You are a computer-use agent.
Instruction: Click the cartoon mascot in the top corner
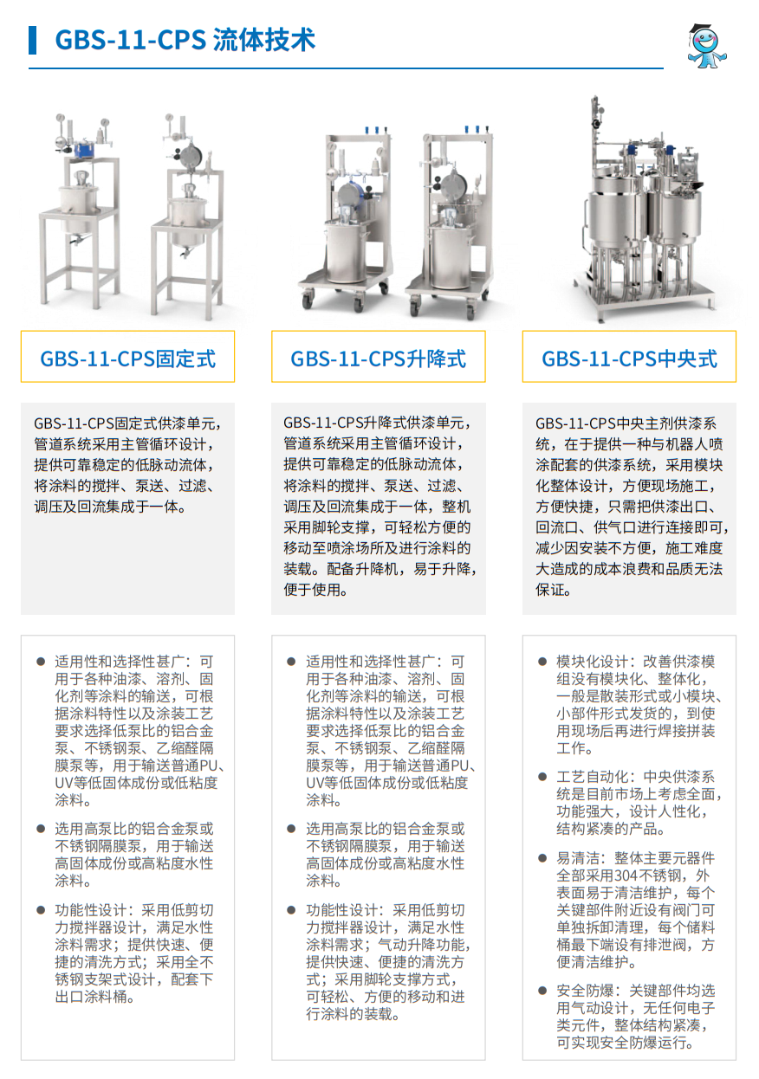tap(706, 46)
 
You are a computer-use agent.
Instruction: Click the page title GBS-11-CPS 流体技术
tap(185, 40)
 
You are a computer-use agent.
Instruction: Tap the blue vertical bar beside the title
tap(32, 40)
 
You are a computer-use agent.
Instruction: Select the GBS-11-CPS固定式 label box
tap(127, 357)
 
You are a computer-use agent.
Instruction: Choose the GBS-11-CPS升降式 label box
tap(379, 357)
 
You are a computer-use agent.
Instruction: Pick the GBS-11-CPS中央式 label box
tap(629, 357)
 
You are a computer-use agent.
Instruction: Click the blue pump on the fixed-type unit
tap(85, 148)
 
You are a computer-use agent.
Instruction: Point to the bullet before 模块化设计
tap(542, 662)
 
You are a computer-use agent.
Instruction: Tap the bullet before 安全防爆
tap(542, 992)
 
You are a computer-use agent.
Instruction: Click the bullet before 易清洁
tap(542, 858)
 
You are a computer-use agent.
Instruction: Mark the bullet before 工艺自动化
tap(542, 777)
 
